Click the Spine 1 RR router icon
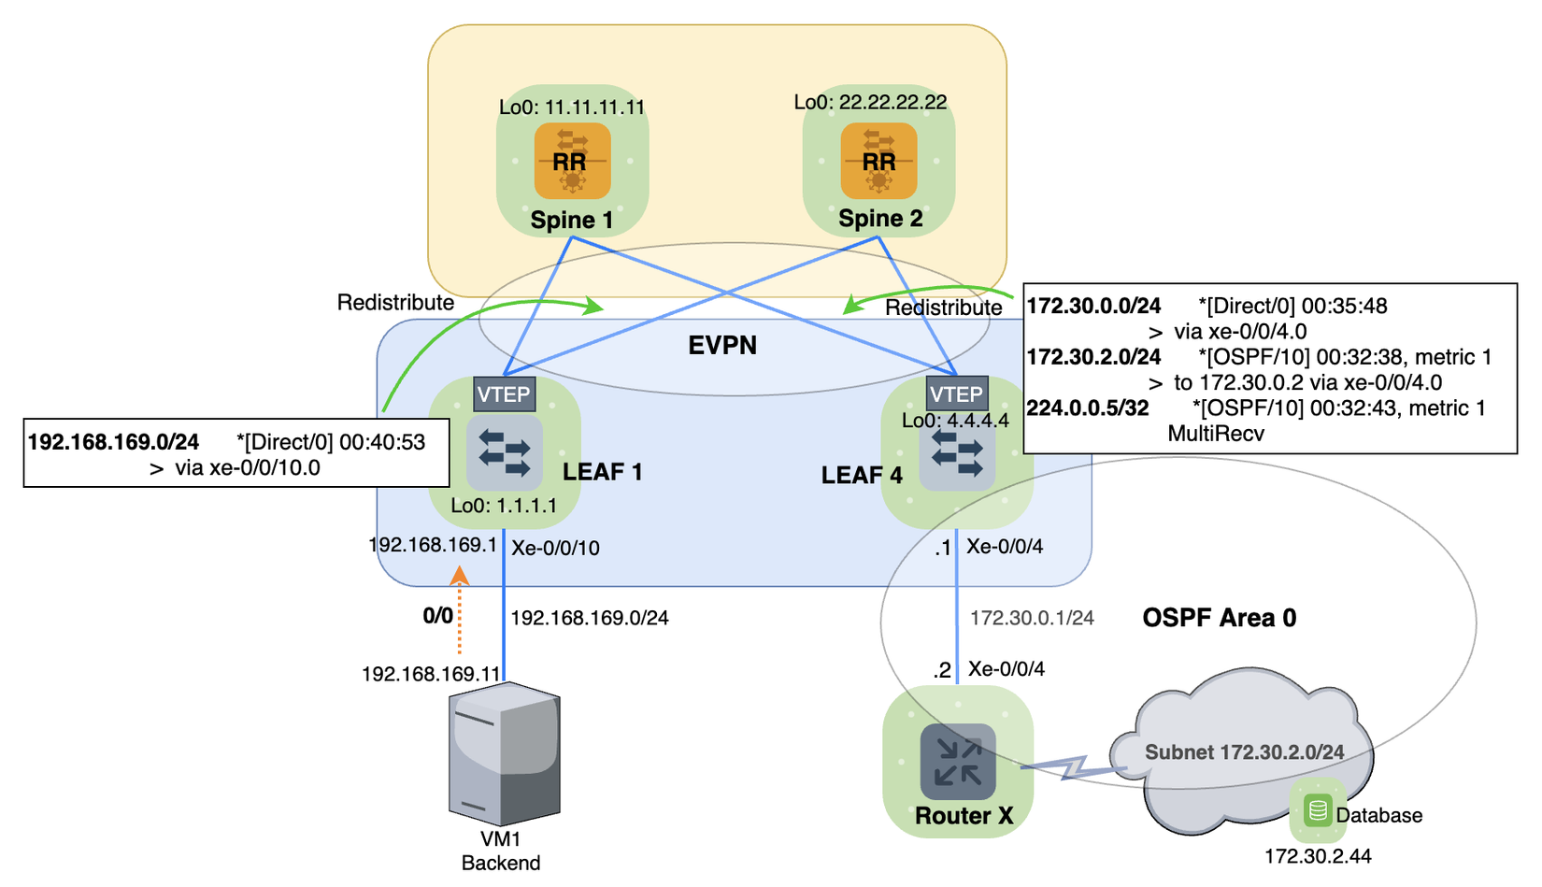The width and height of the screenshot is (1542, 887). [572, 161]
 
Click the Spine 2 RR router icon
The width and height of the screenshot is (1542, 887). [878, 161]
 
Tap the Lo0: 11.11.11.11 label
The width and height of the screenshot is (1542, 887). [572, 107]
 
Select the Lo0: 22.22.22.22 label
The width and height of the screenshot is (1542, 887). [870, 102]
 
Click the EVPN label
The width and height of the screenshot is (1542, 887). [722, 346]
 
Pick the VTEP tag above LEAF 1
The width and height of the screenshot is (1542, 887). [504, 394]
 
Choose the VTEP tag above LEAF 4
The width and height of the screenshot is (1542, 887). [956, 394]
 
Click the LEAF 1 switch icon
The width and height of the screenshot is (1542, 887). [505, 453]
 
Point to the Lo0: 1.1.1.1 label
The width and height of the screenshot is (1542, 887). [504, 506]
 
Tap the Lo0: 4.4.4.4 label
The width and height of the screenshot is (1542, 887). [955, 421]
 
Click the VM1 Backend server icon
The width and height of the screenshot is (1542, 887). [505, 752]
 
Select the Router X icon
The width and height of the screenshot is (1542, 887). [958, 760]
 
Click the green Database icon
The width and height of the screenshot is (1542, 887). [1318, 809]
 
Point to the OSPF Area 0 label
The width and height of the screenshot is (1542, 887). [1220, 618]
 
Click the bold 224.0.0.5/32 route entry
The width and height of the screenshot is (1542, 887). [1088, 408]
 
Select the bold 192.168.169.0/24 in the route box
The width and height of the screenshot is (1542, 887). [113, 442]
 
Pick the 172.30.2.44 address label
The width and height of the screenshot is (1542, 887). [1318, 856]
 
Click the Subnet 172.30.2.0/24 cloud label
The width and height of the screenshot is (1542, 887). [1245, 752]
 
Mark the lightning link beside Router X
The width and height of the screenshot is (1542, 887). [1075, 767]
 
